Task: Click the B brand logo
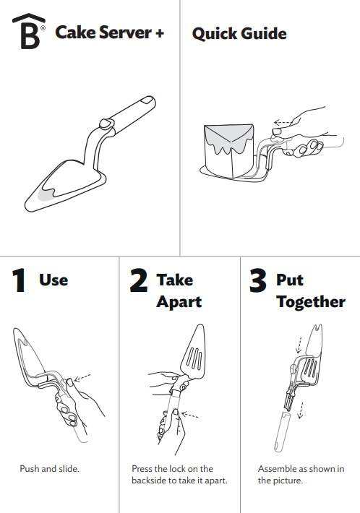tap(28, 33)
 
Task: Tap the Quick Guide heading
tap(239, 33)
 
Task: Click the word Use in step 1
tap(53, 280)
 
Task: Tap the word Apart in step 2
tap(179, 301)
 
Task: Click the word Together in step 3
tap(311, 301)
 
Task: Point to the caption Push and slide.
tap(49, 469)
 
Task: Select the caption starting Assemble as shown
tap(301, 475)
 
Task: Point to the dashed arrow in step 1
tap(81, 376)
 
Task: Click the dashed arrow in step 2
tap(192, 415)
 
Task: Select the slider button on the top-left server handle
tap(106, 126)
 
